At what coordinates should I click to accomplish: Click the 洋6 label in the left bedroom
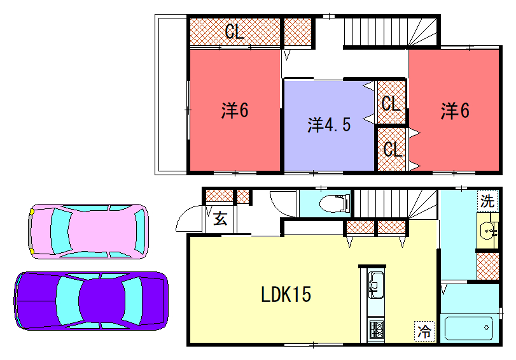234,110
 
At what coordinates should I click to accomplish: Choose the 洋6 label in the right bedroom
454,110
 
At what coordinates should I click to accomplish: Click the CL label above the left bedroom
234,32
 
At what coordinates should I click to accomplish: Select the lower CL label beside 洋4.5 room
392,149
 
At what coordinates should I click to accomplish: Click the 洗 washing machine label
487,201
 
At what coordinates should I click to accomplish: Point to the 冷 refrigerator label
425,327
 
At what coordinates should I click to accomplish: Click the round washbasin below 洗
489,233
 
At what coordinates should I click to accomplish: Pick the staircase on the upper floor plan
390,32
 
